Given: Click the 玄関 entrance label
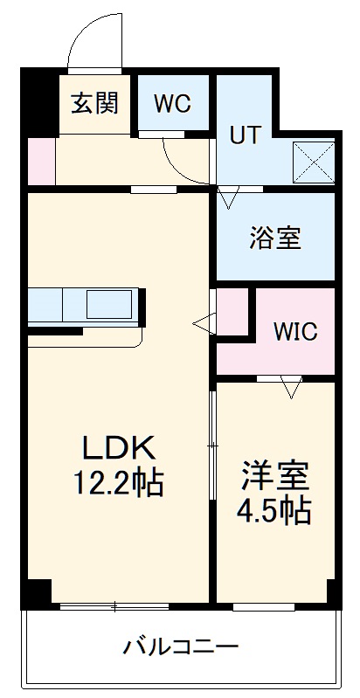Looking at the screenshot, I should pos(94,103).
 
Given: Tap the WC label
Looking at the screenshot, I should pos(172,103).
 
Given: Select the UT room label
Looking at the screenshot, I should pos(244,135).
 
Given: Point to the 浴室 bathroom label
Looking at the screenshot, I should pos(275,238).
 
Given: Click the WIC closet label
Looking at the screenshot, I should pos(294,332).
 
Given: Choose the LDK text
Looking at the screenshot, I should pos(119,449).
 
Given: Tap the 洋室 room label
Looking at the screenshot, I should pos(275,475).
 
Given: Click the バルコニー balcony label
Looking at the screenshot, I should pos(180,647).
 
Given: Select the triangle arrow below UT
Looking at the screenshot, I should pos(228,198).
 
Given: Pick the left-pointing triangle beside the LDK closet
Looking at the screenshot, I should pos(204,324).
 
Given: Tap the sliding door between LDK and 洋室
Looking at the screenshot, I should pos(212,446).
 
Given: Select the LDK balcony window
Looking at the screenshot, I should pos(114,605).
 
